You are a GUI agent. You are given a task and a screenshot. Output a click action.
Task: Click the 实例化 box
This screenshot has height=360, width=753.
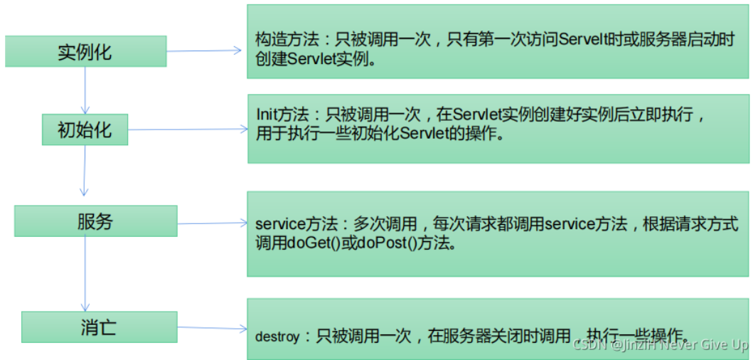tap(85, 51)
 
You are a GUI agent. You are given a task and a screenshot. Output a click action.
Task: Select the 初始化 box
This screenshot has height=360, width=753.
tap(85, 130)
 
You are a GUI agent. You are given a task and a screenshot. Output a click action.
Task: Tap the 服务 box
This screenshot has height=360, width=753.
tap(95, 221)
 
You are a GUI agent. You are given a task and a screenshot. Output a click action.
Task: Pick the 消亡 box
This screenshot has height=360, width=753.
tap(99, 327)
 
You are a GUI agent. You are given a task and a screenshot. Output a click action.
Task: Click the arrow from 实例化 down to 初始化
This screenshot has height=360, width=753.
tap(85, 90)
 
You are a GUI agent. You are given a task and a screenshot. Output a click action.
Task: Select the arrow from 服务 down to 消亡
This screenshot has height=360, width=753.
tap(86, 274)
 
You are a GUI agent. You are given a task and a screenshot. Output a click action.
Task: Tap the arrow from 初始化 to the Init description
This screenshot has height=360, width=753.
tap(188, 129)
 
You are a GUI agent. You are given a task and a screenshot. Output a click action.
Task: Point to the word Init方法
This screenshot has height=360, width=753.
tap(281, 114)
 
